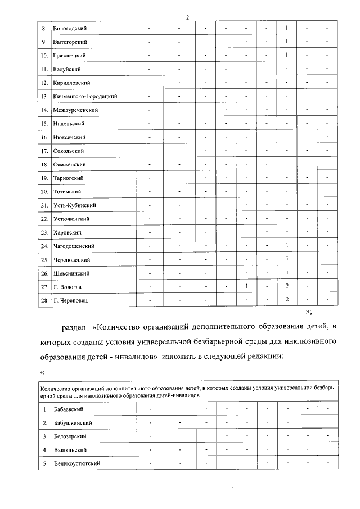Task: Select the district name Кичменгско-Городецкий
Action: (x=85, y=97)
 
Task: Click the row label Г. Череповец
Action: (x=71, y=301)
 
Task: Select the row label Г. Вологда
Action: (x=68, y=287)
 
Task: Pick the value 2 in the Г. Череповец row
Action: (x=287, y=300)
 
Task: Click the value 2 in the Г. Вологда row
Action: (x=287, y=286)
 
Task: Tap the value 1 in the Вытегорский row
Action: (x=287, y=42)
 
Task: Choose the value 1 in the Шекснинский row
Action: (x=287, y=273)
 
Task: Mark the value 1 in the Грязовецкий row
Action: (x=287, y=55)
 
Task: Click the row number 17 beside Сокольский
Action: (x=44, y=151)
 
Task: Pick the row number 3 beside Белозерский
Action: (x=44, y=436)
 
